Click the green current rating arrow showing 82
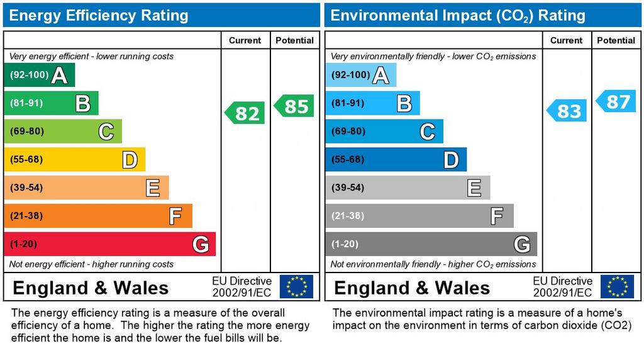(245, 113)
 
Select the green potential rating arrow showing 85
(294, 106)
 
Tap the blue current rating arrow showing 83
(567, 111)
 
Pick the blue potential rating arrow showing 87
(616, 101)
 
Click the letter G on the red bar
(200, 244)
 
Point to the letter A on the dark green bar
(59, 76)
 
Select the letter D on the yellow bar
(130, 160)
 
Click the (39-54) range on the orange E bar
(26, 188)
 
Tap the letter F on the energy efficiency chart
(175, 217)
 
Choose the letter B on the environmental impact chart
(404, 103)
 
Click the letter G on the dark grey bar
(521, 244)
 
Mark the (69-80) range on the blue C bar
(348, 132)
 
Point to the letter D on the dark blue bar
(451, 160)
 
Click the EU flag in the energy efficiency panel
(296, 286)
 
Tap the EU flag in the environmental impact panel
(617, 286)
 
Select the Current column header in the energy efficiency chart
(245, 40)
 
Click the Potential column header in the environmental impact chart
(616, 40)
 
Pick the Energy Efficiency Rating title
(99, 16)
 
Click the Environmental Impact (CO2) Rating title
(458, 16)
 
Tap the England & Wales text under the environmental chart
(412, 288)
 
